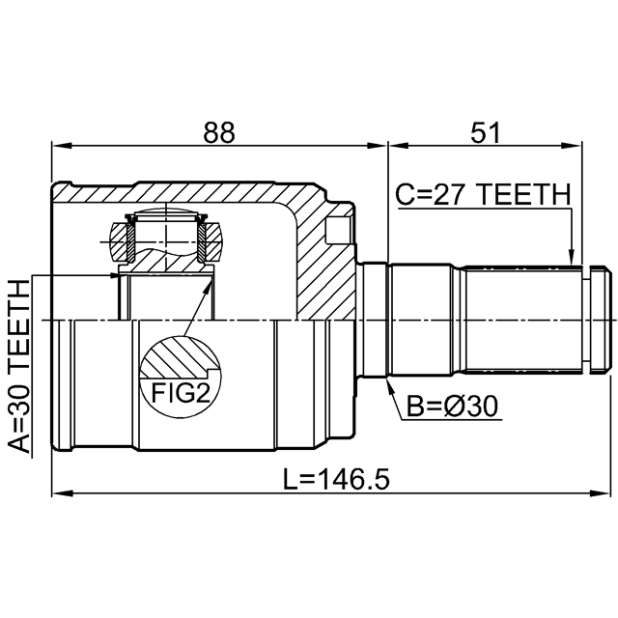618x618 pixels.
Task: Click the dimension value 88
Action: (x=219, y=132)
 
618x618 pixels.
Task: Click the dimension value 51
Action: (x=485, y=132)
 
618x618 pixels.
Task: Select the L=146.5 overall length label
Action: (x=337, y=479)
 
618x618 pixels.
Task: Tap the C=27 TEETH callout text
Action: (x=483, y=195)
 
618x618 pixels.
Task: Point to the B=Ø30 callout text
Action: (x=453, y=407)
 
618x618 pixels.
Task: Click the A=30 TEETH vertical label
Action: (x=18, y=367)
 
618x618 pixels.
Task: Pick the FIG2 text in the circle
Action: (x=181, y=393)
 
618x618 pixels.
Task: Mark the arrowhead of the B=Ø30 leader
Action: (x=390, y=386)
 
